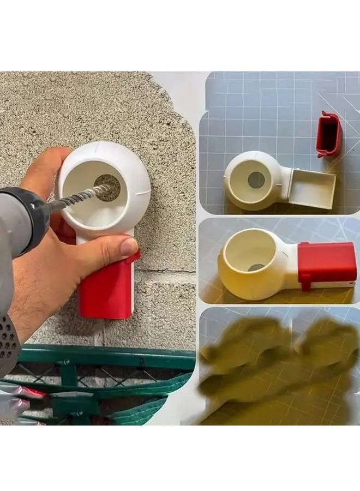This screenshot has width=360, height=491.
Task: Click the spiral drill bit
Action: point(76,198)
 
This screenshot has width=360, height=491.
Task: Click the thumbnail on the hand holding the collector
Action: point(130,247)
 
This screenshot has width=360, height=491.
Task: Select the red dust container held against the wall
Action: point(106,289)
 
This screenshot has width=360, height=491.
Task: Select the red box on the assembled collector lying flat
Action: point(327,262)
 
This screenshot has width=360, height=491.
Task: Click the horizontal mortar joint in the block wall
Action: point(164,271)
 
